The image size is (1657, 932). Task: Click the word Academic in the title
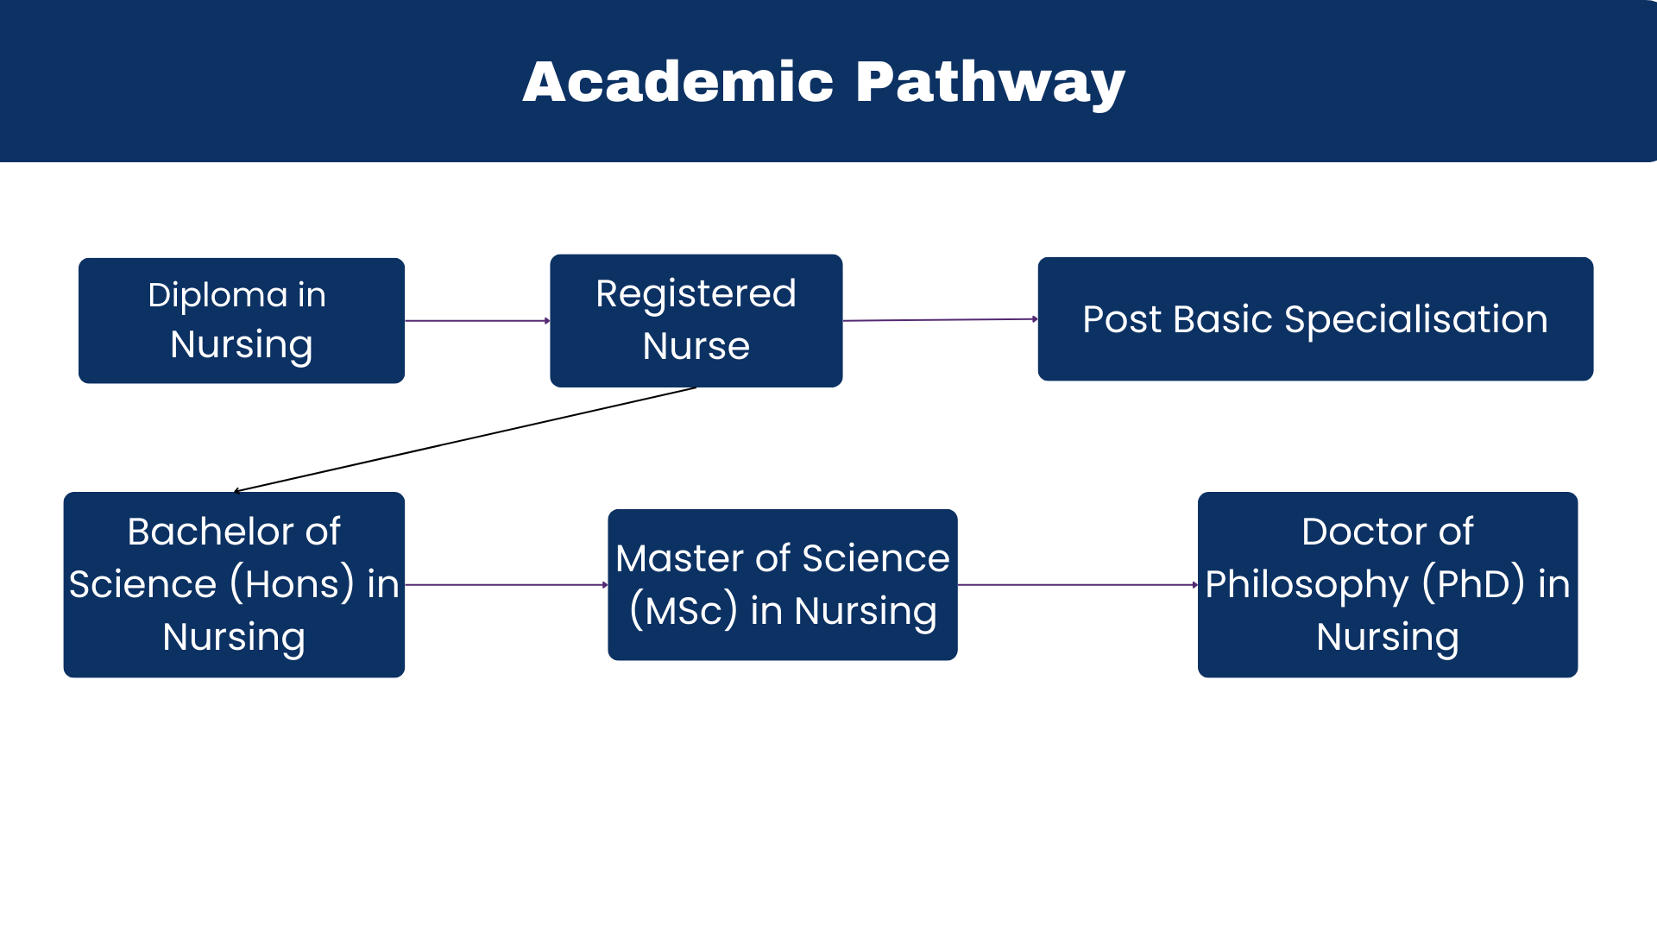[678, 83]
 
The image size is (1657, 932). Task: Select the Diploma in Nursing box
[242, 320]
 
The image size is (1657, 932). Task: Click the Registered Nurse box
[696, 320]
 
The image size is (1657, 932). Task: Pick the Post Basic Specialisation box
[1314, 319]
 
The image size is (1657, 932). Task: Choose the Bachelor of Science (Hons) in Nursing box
[234, 584]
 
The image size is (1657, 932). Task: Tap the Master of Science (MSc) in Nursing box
[782, 584]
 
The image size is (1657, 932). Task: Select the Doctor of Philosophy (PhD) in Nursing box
[1387, 584]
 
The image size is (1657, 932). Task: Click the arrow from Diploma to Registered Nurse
[477, 321]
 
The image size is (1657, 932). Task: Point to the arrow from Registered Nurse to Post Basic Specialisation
[940, 320]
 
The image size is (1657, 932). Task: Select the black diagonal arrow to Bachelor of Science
[466, 439]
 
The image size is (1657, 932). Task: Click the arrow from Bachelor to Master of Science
[507, 585]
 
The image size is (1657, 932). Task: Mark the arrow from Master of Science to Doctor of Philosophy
[1077, 585]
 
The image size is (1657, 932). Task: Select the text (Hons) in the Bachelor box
[292, 584]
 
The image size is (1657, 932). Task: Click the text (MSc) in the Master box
[684, 611]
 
